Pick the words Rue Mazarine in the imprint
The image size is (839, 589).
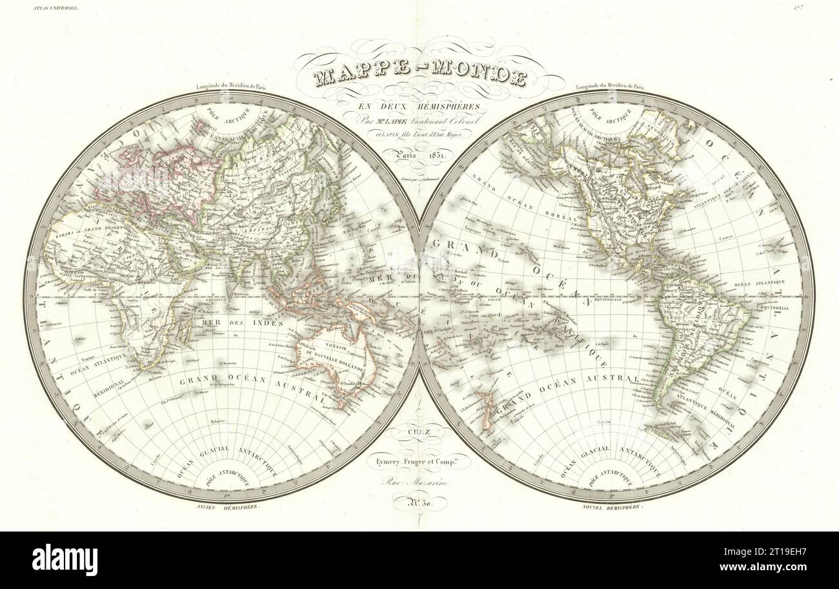[x=420, y=480]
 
